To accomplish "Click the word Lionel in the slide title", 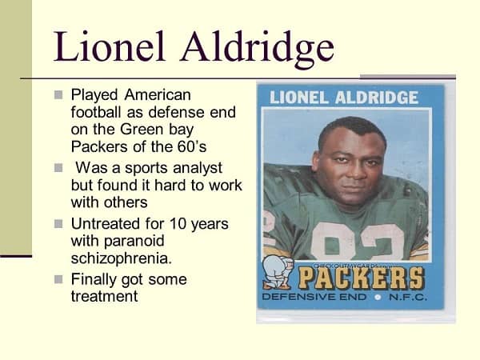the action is point(110,46).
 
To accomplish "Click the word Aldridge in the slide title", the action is point(257,49).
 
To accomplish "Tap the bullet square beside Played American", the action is point(58,94).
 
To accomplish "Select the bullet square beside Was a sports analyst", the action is point(58,168).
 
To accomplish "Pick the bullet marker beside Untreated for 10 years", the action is point(58,224).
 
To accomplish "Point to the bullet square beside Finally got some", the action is point(58,279).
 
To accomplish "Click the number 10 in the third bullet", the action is point(178,224).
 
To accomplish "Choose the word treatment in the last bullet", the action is point(104,296).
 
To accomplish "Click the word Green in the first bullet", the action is point(142,129).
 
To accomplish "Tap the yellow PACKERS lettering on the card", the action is point(362,278).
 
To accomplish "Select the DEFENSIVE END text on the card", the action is point(314,297).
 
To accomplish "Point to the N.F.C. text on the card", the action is point(408,297).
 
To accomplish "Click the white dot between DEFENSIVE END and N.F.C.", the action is point(378,297).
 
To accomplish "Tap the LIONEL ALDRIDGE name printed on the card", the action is point(344,98).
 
